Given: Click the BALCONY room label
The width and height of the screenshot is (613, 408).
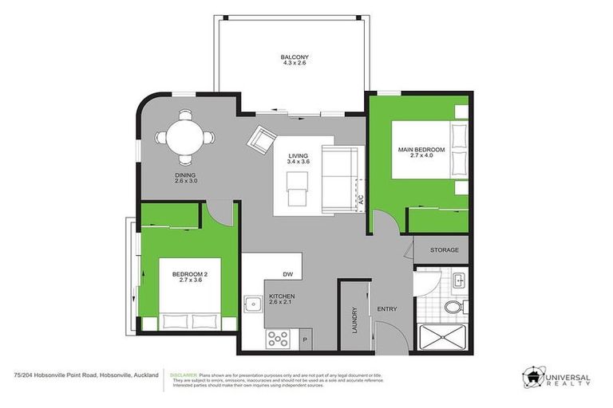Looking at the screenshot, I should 295,57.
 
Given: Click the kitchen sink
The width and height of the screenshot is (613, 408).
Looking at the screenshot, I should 253,304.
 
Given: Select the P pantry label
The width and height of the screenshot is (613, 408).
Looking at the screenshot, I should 304,340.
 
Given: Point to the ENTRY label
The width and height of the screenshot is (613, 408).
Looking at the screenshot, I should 387,309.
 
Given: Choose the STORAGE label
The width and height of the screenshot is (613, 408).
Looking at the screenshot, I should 445,250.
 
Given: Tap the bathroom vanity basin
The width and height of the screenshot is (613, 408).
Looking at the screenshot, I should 458,280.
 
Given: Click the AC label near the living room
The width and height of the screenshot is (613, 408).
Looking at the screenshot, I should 361,202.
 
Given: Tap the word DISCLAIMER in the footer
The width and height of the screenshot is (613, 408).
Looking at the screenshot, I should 184,374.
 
